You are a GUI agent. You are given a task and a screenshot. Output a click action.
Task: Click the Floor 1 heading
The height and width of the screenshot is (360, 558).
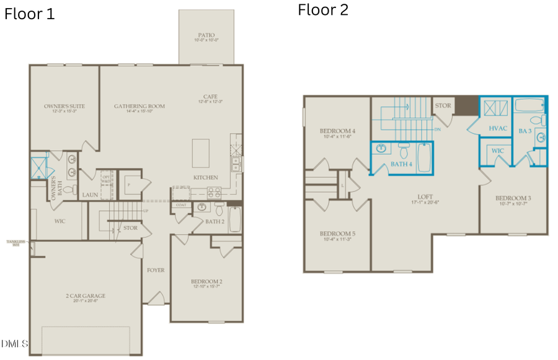coord(30,14)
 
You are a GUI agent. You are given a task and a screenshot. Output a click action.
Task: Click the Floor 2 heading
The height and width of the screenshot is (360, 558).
coord(323,10)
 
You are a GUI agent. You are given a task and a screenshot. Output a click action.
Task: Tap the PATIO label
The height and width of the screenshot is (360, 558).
coord(206,36)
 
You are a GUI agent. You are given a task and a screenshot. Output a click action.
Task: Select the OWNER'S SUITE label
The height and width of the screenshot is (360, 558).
coord(64,107)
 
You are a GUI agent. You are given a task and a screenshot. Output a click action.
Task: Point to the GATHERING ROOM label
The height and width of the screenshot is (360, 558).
coord(139,107)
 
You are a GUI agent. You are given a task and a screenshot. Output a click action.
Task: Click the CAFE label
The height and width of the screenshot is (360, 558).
coord(210,97)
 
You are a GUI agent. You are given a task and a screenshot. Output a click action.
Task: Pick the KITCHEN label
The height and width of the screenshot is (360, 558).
coord(205,178)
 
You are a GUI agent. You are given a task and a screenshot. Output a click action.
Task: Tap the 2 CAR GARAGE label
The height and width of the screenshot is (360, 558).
coord(86,296)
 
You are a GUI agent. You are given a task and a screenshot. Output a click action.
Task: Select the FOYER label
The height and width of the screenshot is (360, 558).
coord(155,270)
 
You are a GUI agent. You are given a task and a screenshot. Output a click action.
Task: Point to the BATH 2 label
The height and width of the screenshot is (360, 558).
coord(215,221)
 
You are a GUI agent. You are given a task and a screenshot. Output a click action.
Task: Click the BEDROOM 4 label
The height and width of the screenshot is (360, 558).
coord(337,131)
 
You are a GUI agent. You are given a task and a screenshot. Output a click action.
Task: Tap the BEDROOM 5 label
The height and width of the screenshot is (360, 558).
coord(337,234)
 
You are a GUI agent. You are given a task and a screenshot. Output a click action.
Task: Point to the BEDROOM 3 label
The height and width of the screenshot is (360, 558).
coord(513,198)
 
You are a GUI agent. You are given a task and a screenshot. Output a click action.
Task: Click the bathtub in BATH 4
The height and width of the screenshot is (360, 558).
coord(424,157)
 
